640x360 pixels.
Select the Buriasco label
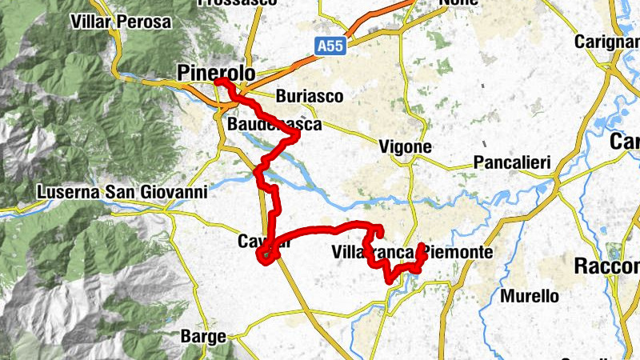pos(309,97)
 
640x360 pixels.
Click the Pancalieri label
pos(512,163)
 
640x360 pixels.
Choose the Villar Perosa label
pos(121,22)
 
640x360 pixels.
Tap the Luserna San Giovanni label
pos(122,192)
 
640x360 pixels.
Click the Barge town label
pos(203,337)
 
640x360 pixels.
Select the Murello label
pos(529,296)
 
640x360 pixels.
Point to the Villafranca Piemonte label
pos(411,253)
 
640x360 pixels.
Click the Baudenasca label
pos(274,126)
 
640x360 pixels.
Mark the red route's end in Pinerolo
pos(218,82)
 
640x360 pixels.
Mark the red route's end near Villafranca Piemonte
pos(422,245)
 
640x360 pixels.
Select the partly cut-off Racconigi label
pos(608,266)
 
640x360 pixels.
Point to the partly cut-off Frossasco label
pos(236,3)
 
